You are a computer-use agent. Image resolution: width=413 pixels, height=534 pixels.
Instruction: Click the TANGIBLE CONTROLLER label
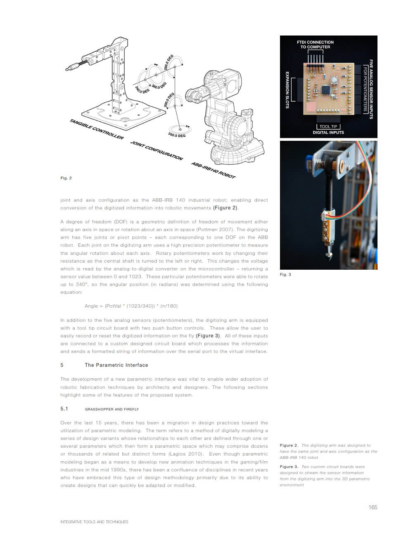click(96, 129)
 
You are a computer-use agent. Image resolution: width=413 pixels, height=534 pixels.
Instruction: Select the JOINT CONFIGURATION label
click(157, 150)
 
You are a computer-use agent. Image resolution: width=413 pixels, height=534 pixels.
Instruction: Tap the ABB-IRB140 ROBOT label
click(213, 170)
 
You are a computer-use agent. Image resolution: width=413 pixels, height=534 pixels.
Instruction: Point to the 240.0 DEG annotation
click(142, 89)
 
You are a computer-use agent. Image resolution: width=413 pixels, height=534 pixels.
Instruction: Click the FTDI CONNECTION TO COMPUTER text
click(315, 45)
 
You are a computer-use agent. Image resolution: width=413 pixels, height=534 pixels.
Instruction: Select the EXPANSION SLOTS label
click(287, 90)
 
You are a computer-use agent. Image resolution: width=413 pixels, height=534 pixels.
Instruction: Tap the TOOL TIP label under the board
click(328, 126)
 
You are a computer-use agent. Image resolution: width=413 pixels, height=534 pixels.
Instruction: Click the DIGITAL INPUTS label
click(328, 133)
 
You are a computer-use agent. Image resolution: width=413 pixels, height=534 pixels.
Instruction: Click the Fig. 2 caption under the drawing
click(66, 178)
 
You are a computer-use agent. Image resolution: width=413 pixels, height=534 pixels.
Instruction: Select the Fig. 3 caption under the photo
click(285, 274)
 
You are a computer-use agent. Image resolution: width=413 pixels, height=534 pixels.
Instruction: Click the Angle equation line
click(131, 306)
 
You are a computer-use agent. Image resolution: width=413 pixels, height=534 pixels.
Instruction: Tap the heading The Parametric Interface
click(116, 365)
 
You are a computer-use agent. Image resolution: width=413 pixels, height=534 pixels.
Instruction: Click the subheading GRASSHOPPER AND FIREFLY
click(112, 409)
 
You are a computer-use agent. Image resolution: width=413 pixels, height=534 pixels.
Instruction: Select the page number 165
click(373, 507)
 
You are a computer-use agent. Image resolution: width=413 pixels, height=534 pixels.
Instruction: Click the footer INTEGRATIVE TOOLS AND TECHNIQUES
click(94, 522)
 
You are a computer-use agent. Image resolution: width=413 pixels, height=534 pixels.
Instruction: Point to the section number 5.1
click(64, 409)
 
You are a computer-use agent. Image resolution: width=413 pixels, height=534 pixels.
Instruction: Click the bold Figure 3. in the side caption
click(289, 467)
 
